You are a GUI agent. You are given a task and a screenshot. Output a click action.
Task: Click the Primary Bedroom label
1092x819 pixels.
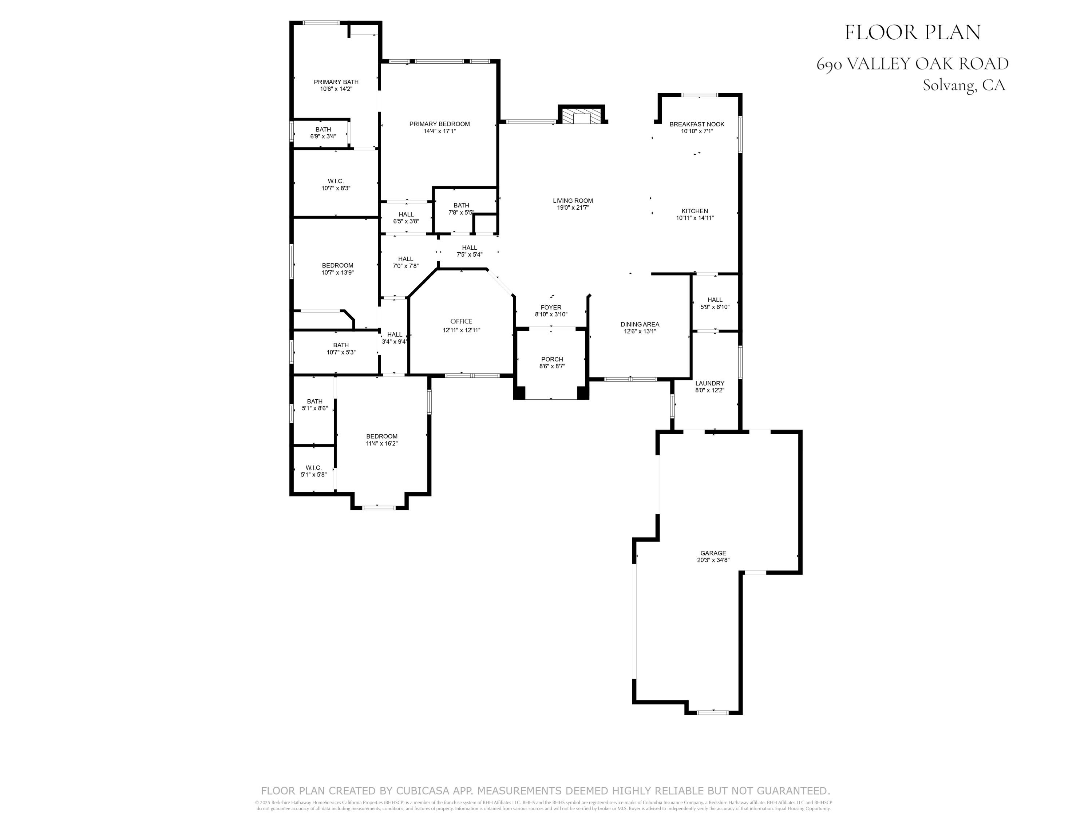coord(439,124)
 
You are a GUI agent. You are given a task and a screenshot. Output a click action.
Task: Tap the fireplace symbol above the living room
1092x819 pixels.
coord(581,116)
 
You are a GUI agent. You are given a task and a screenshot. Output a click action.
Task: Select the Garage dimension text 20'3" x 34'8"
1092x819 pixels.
coord(713,560)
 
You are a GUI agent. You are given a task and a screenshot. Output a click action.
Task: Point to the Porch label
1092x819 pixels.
coord(551,359)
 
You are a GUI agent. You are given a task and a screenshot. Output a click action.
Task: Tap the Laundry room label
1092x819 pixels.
coord(709,383)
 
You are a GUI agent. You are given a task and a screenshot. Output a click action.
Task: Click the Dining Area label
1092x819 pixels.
coord(640,324)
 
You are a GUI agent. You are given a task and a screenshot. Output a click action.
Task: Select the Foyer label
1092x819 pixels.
coord(551,308)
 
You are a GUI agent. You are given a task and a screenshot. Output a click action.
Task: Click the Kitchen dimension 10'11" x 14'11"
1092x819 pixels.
coord(695,218)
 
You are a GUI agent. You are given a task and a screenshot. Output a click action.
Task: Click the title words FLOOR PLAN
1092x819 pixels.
coord(912,33)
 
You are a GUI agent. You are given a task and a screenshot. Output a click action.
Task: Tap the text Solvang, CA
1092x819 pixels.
coord(964,86)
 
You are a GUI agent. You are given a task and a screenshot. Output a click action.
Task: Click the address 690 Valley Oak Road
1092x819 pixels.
coord(912,64)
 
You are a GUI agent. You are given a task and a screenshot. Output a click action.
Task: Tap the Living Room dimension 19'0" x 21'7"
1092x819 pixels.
coord(573,207)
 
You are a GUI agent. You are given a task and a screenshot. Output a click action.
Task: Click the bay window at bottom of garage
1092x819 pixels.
coord(712,712)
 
